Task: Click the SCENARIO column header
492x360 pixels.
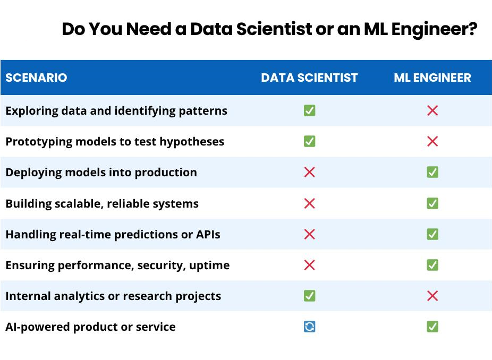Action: coord(37,78)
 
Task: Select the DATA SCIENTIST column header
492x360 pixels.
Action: coord(309,78)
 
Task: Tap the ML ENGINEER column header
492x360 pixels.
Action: coord(432,78)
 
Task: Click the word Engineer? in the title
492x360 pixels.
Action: coord(435,30)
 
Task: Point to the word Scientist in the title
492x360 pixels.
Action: coord(275,29)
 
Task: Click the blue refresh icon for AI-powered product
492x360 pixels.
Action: coord(309,327)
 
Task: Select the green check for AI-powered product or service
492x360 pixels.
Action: coord(432,327)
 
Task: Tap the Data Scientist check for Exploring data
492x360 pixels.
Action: coord(309,110)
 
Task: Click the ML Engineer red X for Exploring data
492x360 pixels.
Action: coord(432,110)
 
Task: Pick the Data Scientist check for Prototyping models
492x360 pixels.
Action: coord(309,141)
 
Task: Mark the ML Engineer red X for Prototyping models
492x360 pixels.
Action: coord(432,141)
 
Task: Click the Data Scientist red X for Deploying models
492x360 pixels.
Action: coord(309,172)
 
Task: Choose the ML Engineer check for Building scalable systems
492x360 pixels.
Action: coord(432,203)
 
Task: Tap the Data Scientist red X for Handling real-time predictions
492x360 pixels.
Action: coord(309,234)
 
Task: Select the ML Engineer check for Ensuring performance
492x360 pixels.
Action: coord(432,265)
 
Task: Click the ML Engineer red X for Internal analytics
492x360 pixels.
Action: coord(432,296)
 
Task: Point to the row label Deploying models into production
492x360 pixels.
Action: coord(101,173)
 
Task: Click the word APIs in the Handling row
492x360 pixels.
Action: coord(208,235)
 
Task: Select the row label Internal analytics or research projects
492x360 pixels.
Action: coord(113,296)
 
